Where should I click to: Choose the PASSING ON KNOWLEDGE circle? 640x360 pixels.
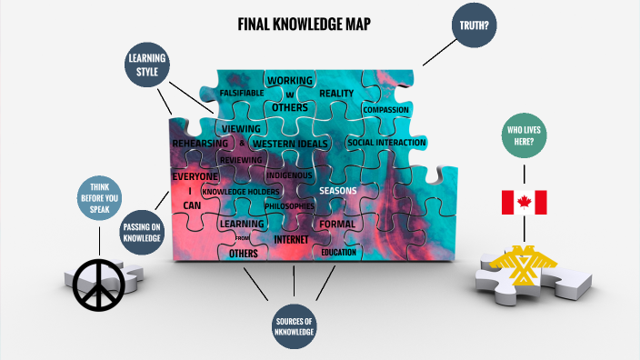point(143,231)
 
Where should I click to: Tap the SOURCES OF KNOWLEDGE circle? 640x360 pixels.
point(295,327)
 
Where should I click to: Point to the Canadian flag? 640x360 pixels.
point(525,203)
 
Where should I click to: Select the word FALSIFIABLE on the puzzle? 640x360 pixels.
point(241,93)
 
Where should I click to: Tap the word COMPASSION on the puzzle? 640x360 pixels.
point(385,110)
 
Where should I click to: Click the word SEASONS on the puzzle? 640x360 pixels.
point(337,191)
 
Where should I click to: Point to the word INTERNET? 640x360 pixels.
point(291,239)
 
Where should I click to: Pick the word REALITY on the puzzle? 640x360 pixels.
point(335,94)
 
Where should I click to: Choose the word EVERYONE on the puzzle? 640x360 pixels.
point(196,175)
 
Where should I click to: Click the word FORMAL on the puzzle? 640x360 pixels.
point(337,224)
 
